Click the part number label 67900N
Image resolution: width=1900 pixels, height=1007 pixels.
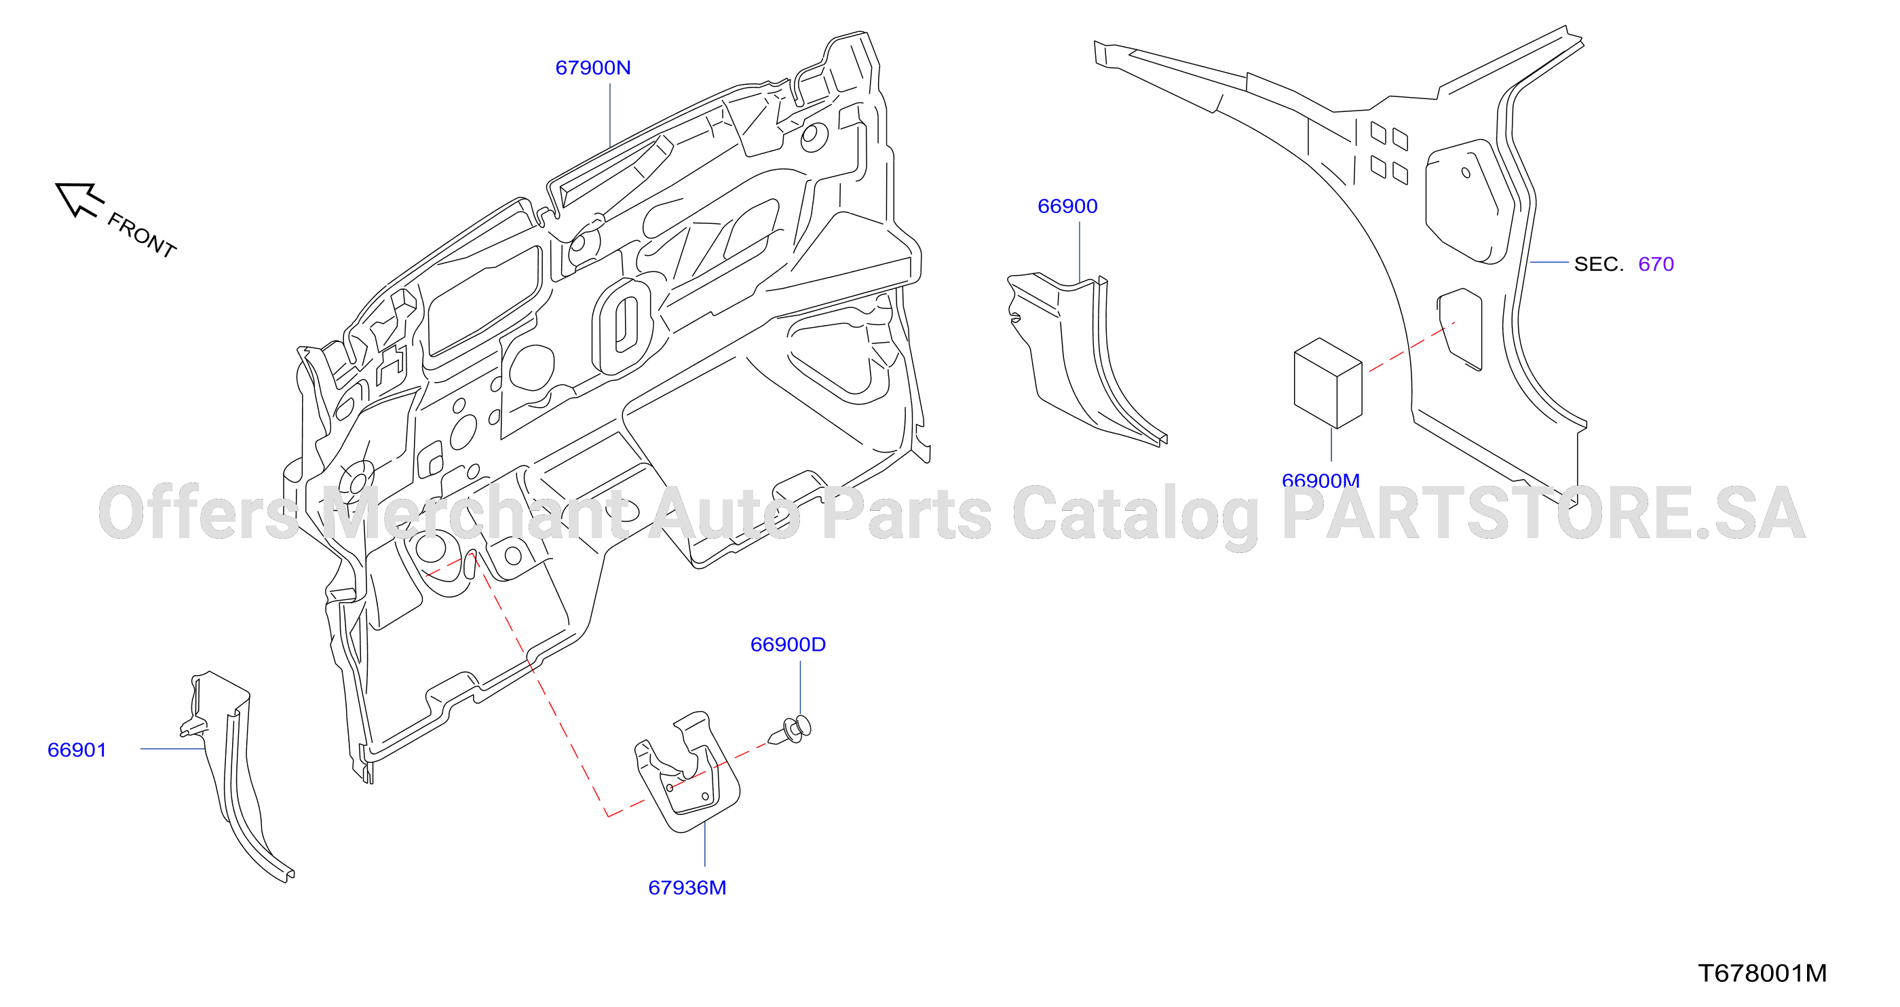click(593, 68)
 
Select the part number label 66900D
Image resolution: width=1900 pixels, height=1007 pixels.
click(788, 645)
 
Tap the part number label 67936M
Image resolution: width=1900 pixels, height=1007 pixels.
click(687, 888)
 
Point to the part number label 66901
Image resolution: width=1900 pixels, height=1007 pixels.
click(77, 750)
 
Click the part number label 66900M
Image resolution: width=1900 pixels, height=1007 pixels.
click(1320, 481)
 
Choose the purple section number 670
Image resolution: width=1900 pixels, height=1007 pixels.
click(1656, 264)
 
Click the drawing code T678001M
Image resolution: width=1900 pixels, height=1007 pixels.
click(1762, 974)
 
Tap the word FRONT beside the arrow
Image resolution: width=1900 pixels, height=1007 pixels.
click(142, 235)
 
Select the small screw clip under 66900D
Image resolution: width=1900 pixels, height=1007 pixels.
click(791, 729)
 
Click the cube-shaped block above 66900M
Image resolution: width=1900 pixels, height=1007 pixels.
click(1328, 383)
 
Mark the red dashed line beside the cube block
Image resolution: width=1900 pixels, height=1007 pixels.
click(1411, 347)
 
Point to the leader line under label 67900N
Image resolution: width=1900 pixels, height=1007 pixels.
click(610, 115)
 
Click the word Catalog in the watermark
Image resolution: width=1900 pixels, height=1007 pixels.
click(1135, 516)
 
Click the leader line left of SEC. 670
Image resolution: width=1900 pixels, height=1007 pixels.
click(1549, 262)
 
